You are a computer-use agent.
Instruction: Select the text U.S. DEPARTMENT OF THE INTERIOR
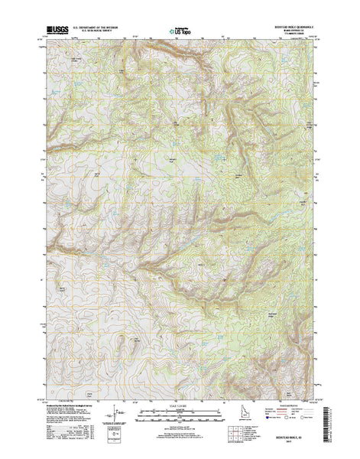101,28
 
